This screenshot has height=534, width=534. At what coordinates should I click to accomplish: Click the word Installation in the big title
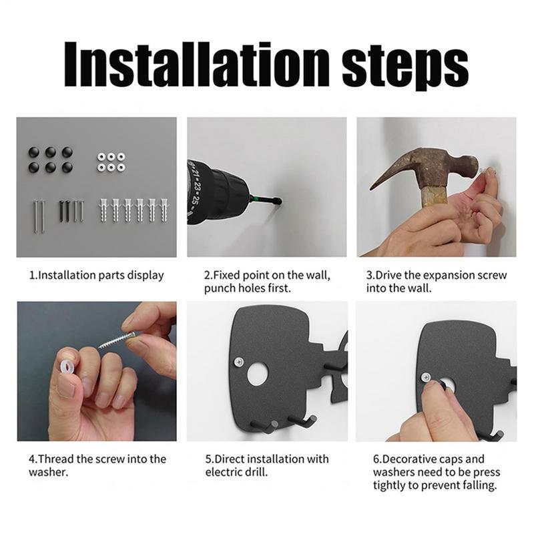point(197,64)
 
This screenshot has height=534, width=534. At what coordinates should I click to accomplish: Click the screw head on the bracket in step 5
point(240,361)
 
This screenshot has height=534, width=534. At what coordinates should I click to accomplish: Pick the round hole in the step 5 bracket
point(258,374)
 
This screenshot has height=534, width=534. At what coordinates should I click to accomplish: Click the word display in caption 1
point(146,276)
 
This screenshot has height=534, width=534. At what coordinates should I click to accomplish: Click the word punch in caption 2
point(219,289)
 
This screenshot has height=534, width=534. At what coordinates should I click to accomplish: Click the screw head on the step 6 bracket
point(426,377)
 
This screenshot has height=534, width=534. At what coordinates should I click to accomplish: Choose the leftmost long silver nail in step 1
point(36,216)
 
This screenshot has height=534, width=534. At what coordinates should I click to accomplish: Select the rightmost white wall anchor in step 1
point(164,210)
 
